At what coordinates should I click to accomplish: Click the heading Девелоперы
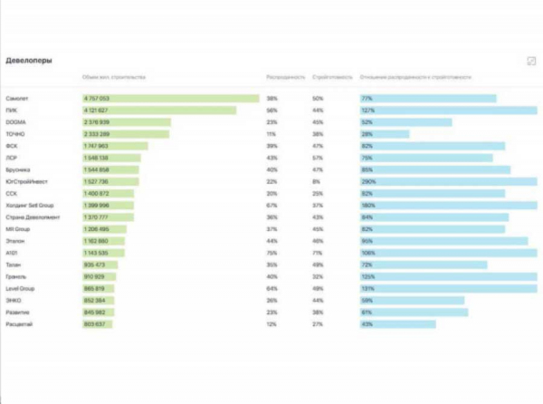click(x=29, y=61)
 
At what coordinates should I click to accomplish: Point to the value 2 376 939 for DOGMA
click(x=96, y=121)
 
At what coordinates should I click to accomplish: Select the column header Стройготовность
click(x=332, y=79)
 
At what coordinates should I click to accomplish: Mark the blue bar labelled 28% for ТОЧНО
click(x=385, y=133)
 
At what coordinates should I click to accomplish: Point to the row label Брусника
click(x=18, y=169)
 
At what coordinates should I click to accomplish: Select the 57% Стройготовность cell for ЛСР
click(x=318, y=157)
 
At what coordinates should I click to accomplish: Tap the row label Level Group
click(x=20, y=288)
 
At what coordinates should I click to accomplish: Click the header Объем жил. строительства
click(x=113, y=79)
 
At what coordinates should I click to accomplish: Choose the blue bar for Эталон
click(x=443, y=241)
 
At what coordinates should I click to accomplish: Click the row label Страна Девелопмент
click(x=33, y=217)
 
